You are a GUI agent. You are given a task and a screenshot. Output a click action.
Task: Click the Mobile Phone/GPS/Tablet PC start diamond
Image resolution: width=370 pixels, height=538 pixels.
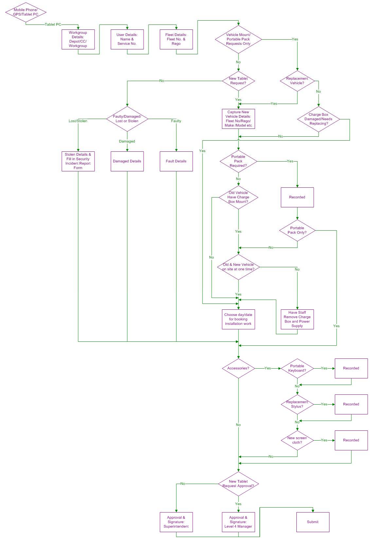click(x=26, y=12)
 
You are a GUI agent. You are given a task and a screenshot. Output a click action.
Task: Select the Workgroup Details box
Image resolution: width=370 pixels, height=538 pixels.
click(x=78, y=39)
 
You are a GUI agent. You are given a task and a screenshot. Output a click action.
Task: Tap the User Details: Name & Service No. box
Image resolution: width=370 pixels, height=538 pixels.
click(x=127, y=39)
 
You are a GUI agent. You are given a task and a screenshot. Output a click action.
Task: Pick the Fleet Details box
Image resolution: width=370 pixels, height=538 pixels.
click(x=176, y=39)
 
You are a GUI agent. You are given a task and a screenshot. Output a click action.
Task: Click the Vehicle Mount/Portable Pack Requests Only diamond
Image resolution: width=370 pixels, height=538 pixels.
click(x=238, y=39)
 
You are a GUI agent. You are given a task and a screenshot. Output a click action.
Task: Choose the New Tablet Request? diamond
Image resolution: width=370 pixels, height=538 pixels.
click(x=238, y=81)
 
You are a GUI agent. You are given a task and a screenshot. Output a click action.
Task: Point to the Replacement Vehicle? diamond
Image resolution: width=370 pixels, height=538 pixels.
click(x=297, y=81)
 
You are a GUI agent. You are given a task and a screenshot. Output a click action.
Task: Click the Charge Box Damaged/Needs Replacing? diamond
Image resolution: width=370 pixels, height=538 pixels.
click(x=318, y=119)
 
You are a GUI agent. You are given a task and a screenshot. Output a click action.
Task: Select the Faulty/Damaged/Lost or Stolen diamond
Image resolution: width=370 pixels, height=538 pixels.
click(x=127, y=119)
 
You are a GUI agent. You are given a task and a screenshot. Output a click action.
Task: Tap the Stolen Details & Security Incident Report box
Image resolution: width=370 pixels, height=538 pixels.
click(x=78, y=161)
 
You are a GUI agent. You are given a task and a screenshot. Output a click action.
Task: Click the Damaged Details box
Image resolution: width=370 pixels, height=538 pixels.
click(x=127, y=161)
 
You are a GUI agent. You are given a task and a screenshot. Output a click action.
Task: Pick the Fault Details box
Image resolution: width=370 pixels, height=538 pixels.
click(x=176, y=161)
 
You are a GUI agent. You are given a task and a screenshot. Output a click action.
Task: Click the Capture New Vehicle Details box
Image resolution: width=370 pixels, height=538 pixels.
click(x=238, y=119)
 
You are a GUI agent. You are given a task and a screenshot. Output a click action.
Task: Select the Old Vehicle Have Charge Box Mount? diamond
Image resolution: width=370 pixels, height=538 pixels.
click(x=238, y=197)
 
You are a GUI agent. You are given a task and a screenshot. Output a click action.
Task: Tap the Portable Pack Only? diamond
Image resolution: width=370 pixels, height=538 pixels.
click(x=297, y=231)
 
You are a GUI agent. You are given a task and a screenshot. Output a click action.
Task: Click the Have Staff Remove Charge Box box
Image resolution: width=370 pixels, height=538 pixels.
click(x=297, y=319)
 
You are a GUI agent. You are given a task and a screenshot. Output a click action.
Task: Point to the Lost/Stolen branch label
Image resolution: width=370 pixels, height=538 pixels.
click(x=78, y=121)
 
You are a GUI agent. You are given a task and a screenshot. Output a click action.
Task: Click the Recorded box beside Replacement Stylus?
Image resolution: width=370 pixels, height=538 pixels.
click(x=351, y=404)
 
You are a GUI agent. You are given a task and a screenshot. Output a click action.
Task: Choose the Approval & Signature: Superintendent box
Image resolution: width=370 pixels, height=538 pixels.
click(x=176, y=522)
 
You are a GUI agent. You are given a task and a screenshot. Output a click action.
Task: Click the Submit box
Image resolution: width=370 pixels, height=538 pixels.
click(x=312, y=522)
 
